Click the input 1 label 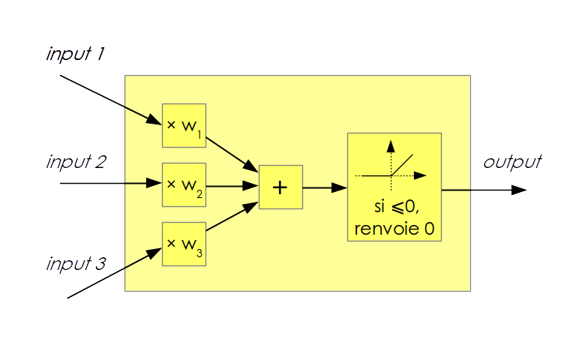pyautogui.click(x=75, y=55)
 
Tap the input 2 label pyautogui.click(x=76, y=162)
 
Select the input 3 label pyautogui.click(x=76, y=264)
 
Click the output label pyautogui.click(x=511, y=162)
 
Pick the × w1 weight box pyautogui.click(x=184, y=125)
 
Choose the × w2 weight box pyautogui.click(x=184, y=184)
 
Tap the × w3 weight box pyautogui.click(x=184, y=244)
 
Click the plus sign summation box pyautogui.click(x=280, y=187)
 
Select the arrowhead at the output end pyautogui.click(x=518, y=190)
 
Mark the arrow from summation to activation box pyautogui.click(x=324, y=187)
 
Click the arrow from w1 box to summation pyautogui.click(x=232, y=152)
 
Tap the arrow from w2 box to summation pyautogui.click(x=232, y=185)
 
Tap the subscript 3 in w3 pyautogui.click(x=199, y=253)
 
